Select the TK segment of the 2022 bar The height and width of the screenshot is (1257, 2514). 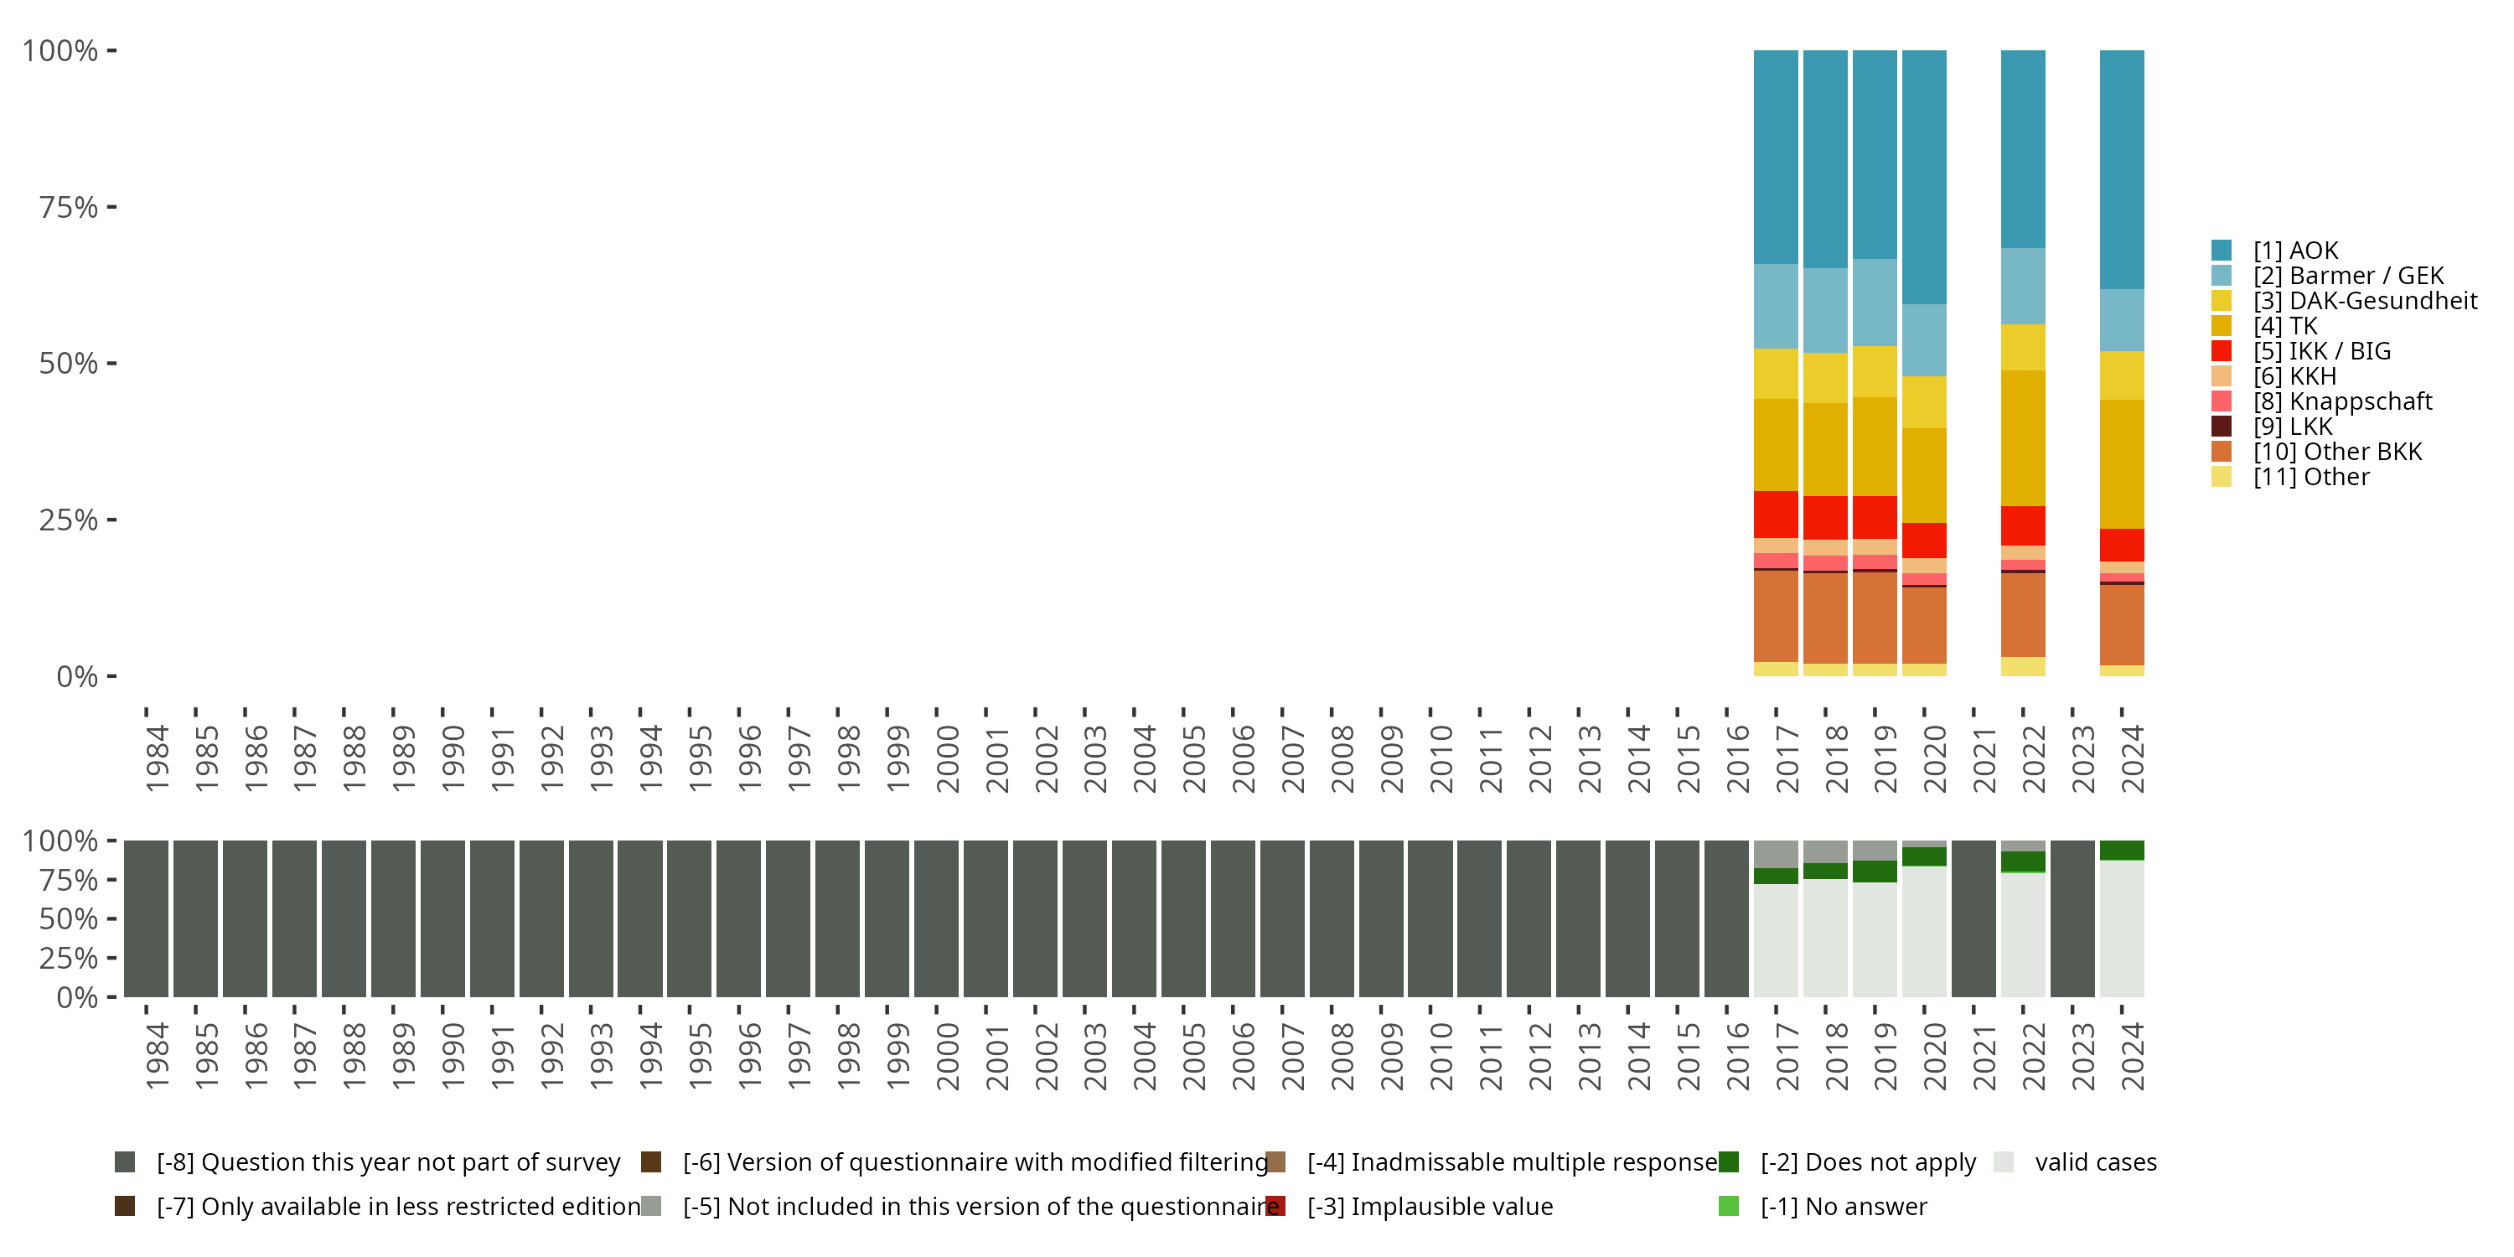tap(2023, 437)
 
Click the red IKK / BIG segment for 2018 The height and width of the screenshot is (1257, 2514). tap(1826, 517)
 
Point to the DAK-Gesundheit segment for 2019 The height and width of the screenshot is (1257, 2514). tap(1875, 371)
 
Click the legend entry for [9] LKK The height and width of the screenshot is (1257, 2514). tap(2293, 427)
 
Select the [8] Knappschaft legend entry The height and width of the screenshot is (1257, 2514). tap(2342, 401)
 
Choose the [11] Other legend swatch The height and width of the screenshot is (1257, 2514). tap(2222, 477)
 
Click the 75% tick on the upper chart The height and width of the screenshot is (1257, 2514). tap(69, 207)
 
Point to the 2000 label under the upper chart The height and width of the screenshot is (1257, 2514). tap(948, 759)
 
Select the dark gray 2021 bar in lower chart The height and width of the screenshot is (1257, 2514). tap(1974, 918)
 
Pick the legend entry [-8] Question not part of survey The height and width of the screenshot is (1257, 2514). tap(387, 1162)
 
